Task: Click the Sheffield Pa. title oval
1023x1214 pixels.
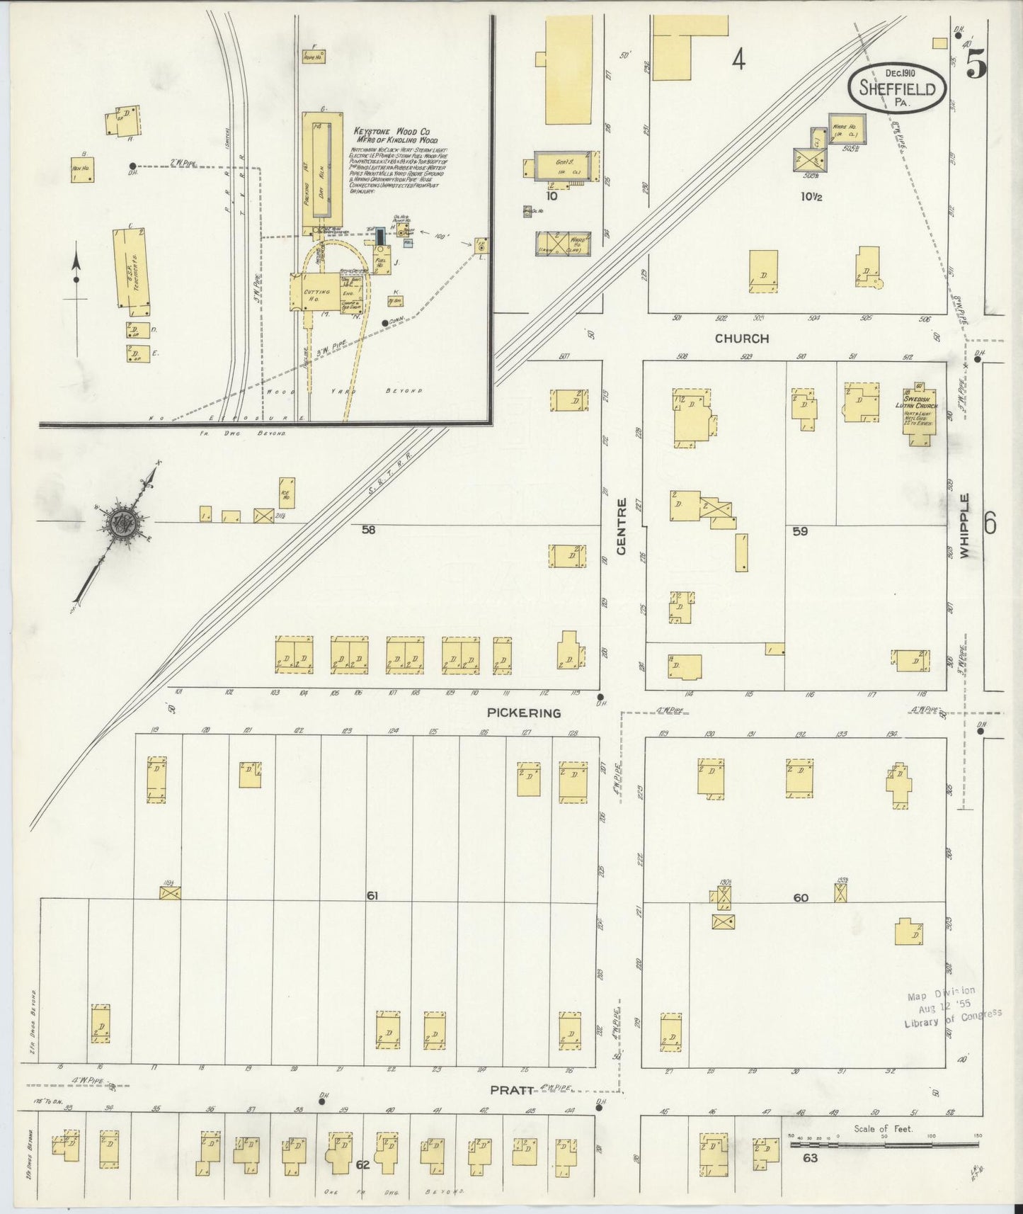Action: [x=897, y=88]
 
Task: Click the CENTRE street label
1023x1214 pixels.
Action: [x=622, y=526]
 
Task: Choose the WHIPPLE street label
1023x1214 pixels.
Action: [x=964, y=526]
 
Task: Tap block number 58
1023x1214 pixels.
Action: [x=368, y=530]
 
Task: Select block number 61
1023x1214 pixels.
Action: [x=372, y=896]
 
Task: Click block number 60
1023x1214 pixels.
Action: [x=800, y=897]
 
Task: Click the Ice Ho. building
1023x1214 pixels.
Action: [x=287, y=492]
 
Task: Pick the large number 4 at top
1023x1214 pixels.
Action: [x=738, y=61]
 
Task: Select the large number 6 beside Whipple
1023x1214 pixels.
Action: [x=990, y=524]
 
